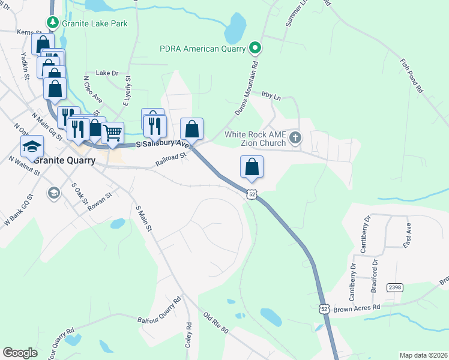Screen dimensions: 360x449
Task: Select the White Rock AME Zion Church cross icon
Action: click(294, 138)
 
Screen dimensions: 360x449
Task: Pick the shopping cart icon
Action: click(112, 131)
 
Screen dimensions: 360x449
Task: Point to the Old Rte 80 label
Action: click(216, 323)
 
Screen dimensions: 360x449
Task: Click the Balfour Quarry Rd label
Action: click(159, 311)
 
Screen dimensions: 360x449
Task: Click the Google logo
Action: click(20, 353)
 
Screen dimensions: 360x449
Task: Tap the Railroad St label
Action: click(172, 159)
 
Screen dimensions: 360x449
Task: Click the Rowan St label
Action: click(100, 200)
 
